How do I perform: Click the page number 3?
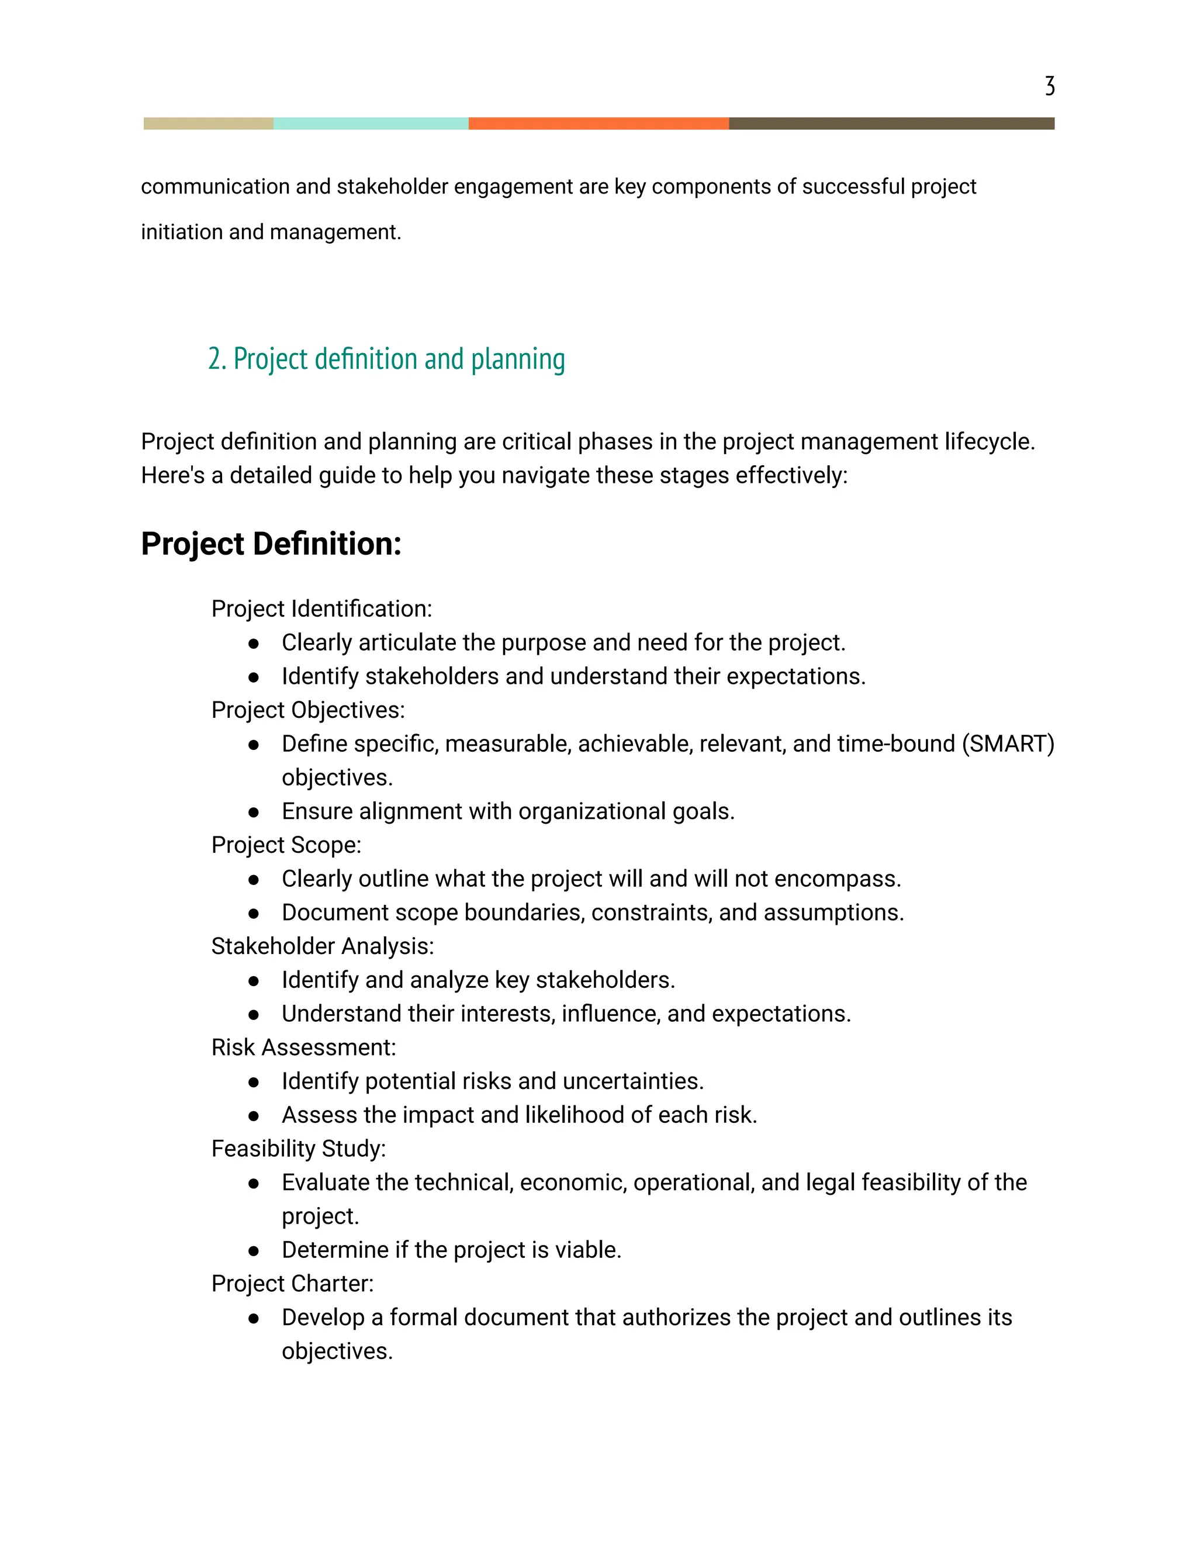(1050, 86)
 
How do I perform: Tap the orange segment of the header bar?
(598, 123)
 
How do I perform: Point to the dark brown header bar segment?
(891, 123)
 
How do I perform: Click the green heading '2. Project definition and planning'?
(386, 359)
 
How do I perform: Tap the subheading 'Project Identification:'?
(321, 608)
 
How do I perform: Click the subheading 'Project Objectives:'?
(308, 710)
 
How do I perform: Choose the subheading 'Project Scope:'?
(286, 845)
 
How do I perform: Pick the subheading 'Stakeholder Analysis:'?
(322, 946)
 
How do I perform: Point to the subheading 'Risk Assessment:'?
(303, 1047)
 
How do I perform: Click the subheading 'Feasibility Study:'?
(299, 1148)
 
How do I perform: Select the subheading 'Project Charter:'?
(292, 1284)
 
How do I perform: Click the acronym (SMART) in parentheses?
(1008, 744)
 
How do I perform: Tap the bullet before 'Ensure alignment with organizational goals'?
(254, 812)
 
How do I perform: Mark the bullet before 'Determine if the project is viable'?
(254, 1251)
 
